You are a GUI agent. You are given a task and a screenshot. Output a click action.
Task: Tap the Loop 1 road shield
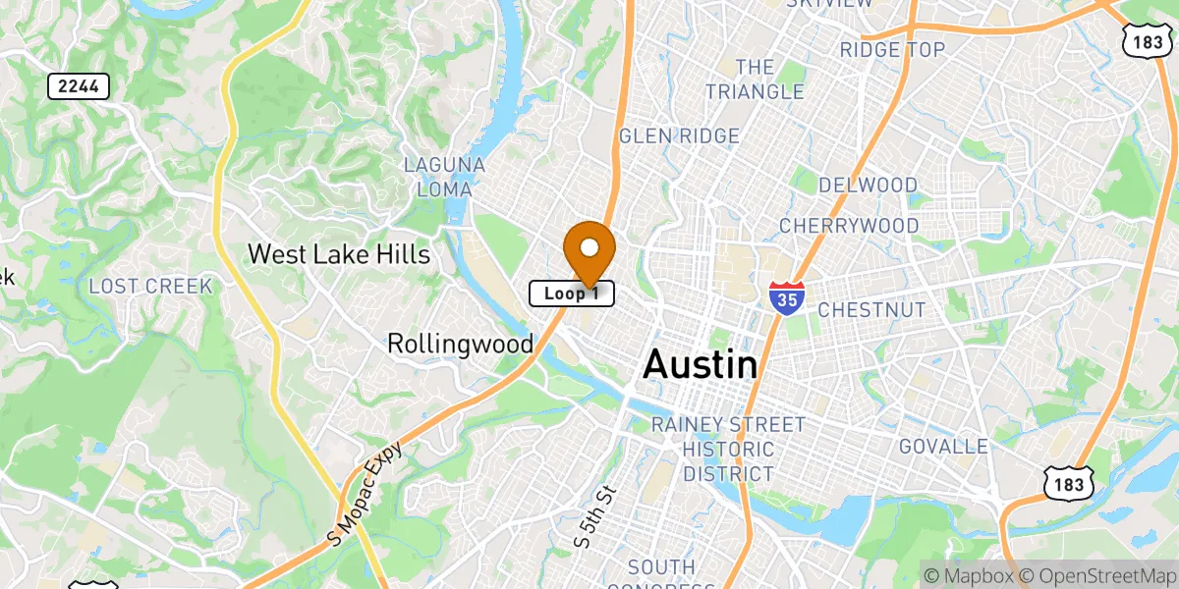572,294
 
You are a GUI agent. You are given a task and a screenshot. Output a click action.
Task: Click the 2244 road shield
79,86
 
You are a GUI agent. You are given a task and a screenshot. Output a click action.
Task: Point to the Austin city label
700,365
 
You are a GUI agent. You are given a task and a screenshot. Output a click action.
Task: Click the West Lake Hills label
338,254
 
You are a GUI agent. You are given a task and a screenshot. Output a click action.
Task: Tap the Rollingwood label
460,344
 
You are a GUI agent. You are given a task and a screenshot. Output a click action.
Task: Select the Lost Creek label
150,287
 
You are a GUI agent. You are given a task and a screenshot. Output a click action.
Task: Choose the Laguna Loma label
445,177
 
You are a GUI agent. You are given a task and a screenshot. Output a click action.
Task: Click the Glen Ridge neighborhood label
678,136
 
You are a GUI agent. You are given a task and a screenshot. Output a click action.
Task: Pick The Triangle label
755,80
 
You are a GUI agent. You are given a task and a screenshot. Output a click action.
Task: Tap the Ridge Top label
892,49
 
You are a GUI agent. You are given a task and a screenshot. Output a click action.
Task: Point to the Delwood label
868,186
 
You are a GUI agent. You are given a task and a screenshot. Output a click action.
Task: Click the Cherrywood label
849,226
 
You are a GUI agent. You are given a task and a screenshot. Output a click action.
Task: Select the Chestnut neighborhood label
871,310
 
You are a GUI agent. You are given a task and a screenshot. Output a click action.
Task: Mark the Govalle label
943,447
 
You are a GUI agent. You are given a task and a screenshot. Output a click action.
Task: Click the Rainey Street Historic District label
728,449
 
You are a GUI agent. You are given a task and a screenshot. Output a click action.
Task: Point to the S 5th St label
594,516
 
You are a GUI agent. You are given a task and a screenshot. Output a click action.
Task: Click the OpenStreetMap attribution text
1095,575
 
